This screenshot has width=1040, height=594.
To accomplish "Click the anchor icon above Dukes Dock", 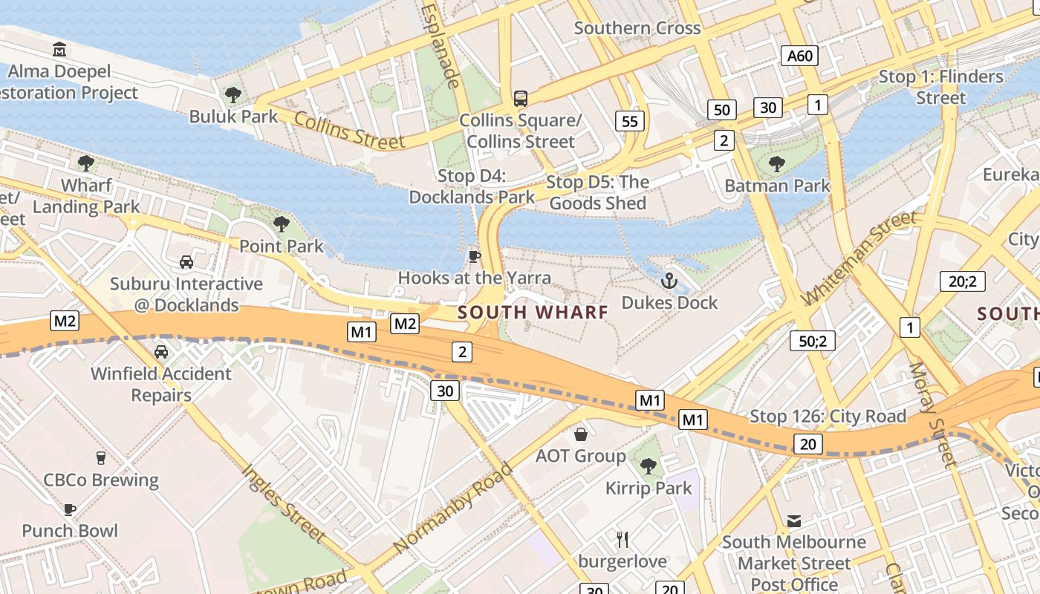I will click(x=669, y=281).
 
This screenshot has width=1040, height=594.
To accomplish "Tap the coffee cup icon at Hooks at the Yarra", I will click(x=474, y=256).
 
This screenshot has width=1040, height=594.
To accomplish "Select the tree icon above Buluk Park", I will click(x=233, y=94).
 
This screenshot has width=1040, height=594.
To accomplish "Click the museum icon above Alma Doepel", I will click(x=59, y=50).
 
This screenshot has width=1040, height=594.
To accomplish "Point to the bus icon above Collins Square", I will click(x=521, y=98).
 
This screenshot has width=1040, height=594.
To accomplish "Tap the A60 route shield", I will click(x=800, y=55).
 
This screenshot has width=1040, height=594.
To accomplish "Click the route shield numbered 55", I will click(x=629, y=122).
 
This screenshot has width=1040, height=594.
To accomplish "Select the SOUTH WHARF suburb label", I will click(x=533, y=312).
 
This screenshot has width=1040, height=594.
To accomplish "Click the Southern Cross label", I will click(x=637, y=28).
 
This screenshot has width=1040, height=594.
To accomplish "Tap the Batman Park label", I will click(x=777, y=186).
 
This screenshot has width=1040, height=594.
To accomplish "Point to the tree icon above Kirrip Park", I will click(x=649, y=466).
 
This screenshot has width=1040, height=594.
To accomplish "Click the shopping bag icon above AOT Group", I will click(x=581, y=434).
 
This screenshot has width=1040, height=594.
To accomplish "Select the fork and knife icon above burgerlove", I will click(x=623, y=539).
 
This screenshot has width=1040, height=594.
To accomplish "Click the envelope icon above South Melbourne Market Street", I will click(x=794, y=521).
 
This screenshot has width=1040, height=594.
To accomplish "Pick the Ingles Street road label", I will click(x=284, y=503).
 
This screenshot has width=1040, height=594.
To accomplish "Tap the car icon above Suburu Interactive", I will click(x=186, y=262).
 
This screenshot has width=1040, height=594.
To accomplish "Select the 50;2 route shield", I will click(x=813, y=341).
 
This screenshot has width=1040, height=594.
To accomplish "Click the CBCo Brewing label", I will click(x=101, y=480).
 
